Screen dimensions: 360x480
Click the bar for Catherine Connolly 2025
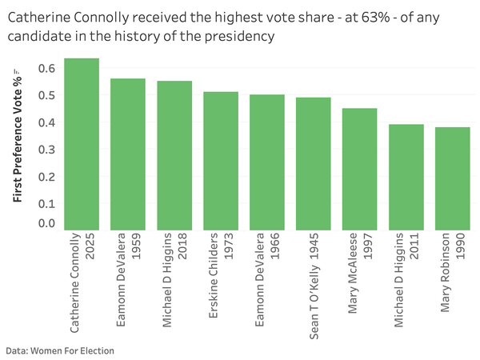tap(82, 144)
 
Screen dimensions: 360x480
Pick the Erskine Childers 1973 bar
tap(221, 161)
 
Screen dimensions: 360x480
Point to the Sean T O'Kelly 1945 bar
tap(314, 164)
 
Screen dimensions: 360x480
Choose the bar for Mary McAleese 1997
tap(360, 169)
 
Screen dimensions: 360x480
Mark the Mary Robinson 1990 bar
tap(453, 178)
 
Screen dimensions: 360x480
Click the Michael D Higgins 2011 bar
tap(406, 177)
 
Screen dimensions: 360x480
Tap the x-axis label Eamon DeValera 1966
tap(267, 279)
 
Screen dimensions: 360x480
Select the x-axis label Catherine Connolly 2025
tap(82, 283)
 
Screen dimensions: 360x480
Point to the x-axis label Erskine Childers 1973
tap(221, 279)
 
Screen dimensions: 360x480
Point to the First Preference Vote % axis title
tap(17, 135)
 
